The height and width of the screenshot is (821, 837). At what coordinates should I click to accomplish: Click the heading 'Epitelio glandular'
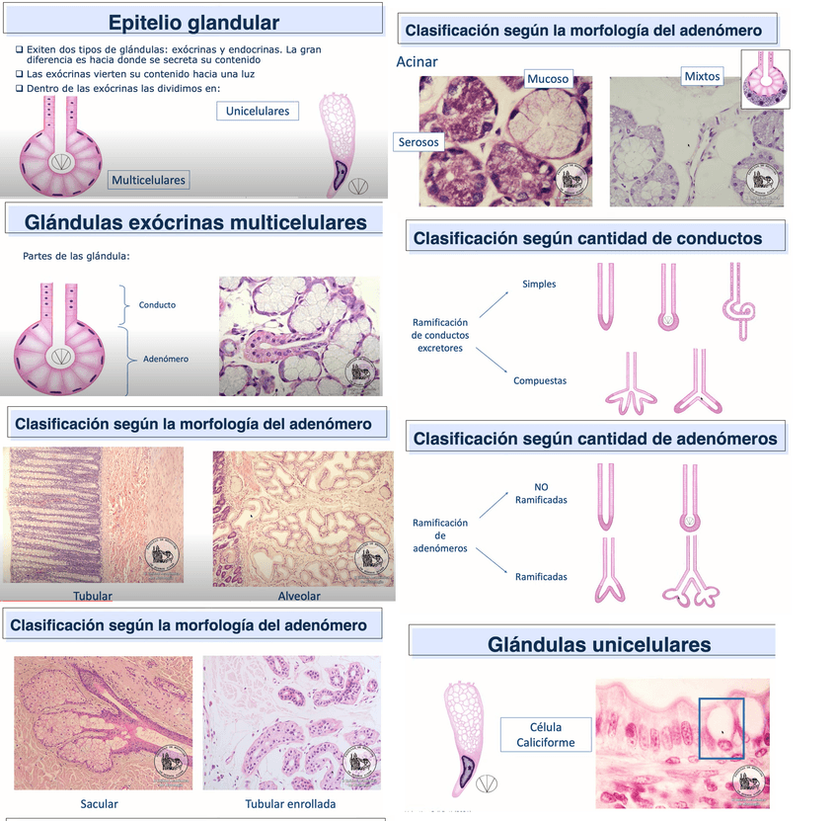pos(193,23)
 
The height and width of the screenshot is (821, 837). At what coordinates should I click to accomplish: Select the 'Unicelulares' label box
pos(258,111)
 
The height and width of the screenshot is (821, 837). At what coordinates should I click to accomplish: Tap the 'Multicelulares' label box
pos(149,180)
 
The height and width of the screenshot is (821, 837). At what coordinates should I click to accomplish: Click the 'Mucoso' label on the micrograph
pos(547,79)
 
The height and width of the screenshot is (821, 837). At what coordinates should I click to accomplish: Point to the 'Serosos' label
pos(418,142)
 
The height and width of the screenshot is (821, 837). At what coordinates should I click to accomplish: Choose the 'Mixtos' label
pos(702,76)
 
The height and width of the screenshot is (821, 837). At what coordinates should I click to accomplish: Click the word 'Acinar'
pos(417,62)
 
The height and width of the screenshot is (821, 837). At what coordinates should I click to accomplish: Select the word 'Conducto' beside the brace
pos(157,305)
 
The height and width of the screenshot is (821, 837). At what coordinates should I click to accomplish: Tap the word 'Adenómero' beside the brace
pos(165,360)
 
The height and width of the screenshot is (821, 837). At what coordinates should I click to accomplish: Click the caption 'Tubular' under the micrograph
pos(93,596)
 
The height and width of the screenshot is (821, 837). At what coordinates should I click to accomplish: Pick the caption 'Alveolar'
pos(299,596)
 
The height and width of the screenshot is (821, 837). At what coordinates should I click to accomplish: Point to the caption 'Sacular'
pos(99,803)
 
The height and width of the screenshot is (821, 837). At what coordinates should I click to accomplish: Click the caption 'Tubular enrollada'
pos(290,803)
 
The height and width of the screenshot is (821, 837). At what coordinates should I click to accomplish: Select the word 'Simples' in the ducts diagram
pos(539,285)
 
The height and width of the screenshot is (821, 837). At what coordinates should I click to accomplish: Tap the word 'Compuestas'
pos(540,380)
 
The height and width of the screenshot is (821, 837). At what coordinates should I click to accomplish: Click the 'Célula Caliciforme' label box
pos(538,735)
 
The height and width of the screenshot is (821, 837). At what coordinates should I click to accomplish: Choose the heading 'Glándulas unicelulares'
pos(599,645)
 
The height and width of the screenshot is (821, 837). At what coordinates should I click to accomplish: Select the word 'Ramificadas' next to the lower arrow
pos(541,576)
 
